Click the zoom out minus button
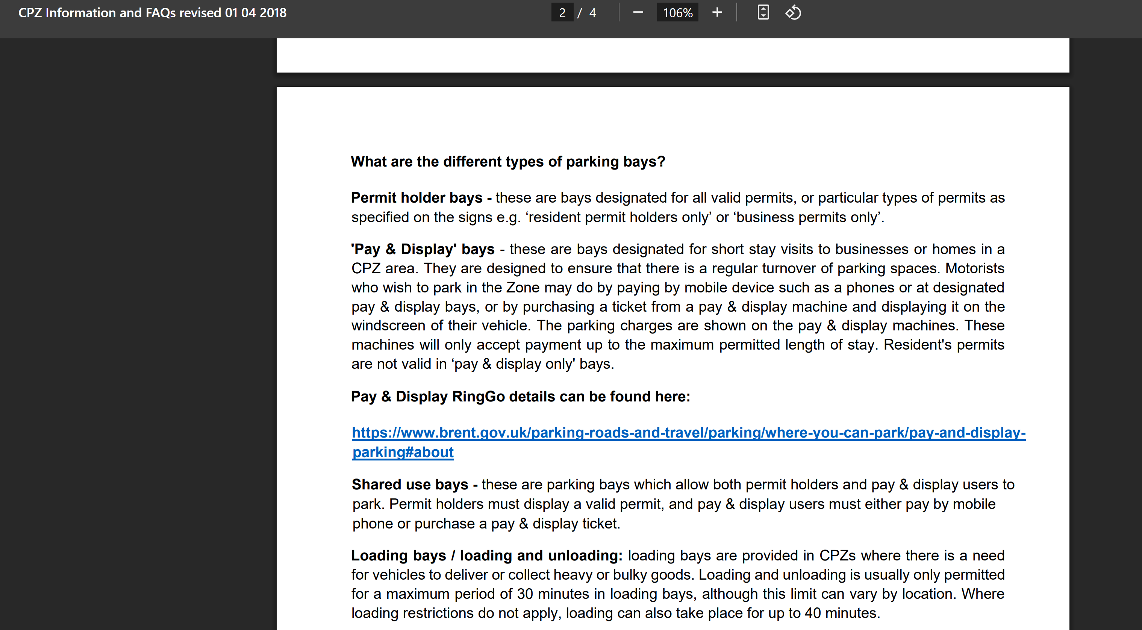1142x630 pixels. [638, 12]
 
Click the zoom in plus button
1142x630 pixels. [717, 12]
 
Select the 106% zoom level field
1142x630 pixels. [677, 13]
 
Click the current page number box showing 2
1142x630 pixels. [562, 13]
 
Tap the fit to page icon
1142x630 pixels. [763, 12]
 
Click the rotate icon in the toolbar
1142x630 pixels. [793, 12]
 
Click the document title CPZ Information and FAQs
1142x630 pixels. [152, 13]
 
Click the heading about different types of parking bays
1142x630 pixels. [507, 161]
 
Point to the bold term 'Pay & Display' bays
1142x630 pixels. [423, 249]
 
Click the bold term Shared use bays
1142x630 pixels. [410, 485]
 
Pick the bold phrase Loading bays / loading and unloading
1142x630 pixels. [486, 556]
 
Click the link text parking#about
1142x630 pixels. [403, 452]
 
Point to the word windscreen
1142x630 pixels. [388, 326]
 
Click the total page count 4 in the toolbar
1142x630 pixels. [592, 13]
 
